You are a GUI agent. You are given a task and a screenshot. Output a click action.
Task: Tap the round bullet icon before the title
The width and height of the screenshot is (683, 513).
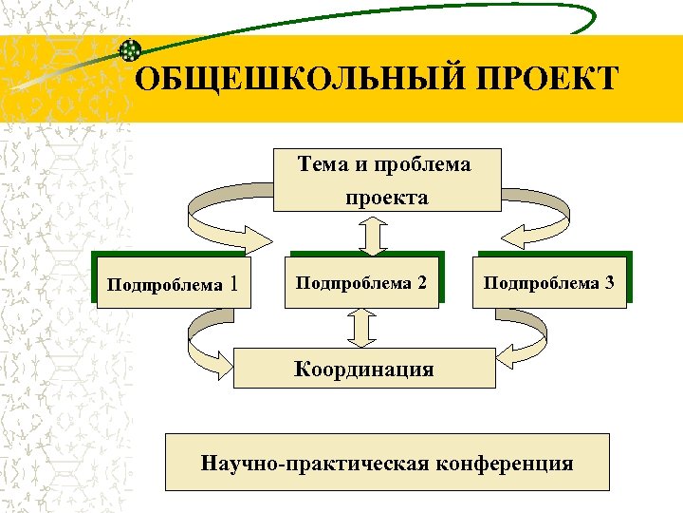[132, 50]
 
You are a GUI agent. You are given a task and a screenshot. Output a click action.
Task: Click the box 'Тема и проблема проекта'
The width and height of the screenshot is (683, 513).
[387, 180]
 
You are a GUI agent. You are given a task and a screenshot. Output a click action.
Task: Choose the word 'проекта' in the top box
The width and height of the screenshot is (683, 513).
[386, 198]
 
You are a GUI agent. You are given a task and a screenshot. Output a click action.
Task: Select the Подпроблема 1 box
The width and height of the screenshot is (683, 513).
[173, 282]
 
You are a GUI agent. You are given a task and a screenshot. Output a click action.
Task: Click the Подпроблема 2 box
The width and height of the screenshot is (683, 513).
[362, 282]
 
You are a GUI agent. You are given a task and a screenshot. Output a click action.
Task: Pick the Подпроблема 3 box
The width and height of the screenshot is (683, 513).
[550, 282]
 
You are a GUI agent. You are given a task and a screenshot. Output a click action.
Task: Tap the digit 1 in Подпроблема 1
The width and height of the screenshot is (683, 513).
[235, 282]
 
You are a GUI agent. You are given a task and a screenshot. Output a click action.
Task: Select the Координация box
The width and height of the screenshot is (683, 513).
[364, 369]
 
